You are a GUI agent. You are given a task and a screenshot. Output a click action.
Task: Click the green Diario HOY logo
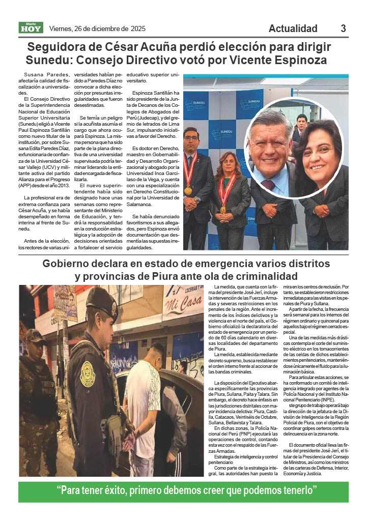pyautogui.click(x=32, y=28)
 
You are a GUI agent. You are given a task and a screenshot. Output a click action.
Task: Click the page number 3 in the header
pyautogui.click(x=343, y=28)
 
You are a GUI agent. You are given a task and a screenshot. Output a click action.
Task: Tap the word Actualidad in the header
pyautogui.click(x=293, y=28)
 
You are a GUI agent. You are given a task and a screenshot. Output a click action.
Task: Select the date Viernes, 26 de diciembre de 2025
pyautogui.click(x=97, y=28)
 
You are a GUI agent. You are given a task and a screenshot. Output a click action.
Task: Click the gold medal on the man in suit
pyautogui.click(x=188, y=190)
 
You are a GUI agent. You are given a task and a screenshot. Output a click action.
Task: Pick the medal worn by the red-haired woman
pyautogui.click(x=223, y=209)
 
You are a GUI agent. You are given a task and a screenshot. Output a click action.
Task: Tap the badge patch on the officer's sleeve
pyautogui.click(x=87, y=374)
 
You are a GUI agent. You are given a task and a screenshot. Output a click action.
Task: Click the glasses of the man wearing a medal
pyautogui.click(x=191, y=138)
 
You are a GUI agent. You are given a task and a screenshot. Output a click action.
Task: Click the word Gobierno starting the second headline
pyautogui.click(x=67, y=264)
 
